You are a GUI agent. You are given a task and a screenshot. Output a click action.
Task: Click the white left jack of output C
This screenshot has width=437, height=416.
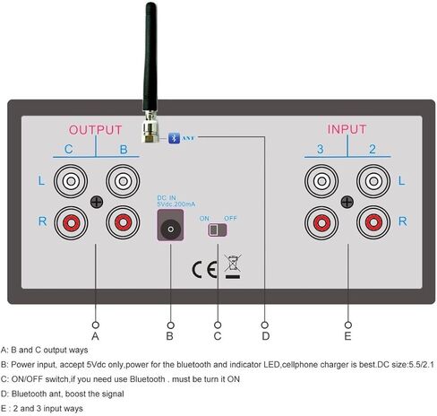click(x=71, y=181)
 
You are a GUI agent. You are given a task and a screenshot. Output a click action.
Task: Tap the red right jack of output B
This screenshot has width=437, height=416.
click(x=123, y=222)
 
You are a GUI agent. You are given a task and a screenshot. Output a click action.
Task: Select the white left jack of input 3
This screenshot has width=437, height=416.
click(x=321, y=181)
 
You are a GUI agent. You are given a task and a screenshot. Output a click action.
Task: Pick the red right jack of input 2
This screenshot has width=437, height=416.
click(x=373, y=222)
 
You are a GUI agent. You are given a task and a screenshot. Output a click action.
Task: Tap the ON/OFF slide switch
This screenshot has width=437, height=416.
click(x=218, y=230)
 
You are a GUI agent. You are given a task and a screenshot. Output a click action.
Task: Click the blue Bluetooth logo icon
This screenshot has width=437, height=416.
click(x=174, y=138)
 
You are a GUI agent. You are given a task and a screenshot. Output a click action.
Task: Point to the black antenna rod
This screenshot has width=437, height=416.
click(x=150, y=56)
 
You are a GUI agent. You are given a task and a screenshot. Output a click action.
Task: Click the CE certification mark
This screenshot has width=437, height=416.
click(x=204, y=270)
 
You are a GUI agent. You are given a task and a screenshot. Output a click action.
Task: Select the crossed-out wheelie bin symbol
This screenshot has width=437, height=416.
click(x=233, y=266)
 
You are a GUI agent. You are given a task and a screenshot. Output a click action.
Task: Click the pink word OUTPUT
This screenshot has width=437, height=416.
click(x=96, y=130)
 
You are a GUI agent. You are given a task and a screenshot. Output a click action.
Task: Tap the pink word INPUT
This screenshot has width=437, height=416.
click(x=347, y=129)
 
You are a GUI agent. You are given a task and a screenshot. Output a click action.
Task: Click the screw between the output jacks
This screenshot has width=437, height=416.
click(x=97, y=202)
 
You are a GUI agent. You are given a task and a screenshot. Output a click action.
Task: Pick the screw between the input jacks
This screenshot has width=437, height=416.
click(x=347, y=202)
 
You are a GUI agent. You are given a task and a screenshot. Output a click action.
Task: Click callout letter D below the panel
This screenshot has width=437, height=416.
click(x=265, y=336)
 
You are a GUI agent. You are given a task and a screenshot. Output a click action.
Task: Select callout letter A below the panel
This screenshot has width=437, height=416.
click(x=95, y=336)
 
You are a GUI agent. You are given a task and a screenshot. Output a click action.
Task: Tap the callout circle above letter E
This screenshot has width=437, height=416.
click(x=348, y=325)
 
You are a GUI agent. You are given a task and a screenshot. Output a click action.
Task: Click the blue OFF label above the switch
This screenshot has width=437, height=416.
click(x=230, y=219)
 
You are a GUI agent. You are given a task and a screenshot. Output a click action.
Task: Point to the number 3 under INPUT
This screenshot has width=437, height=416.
click(x=321, y=149)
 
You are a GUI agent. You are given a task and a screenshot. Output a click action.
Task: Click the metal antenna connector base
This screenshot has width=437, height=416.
click(x=150, y=126)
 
